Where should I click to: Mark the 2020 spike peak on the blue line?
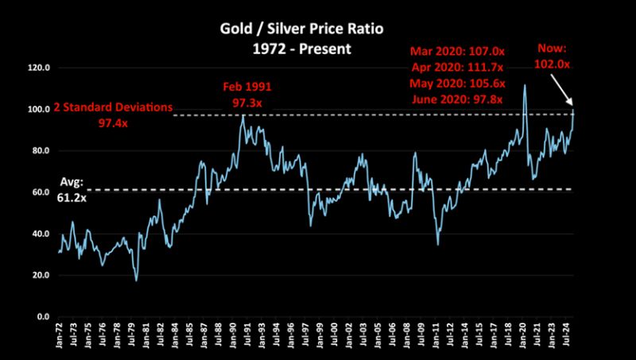point(525,85)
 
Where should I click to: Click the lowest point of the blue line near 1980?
point(136,281)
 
